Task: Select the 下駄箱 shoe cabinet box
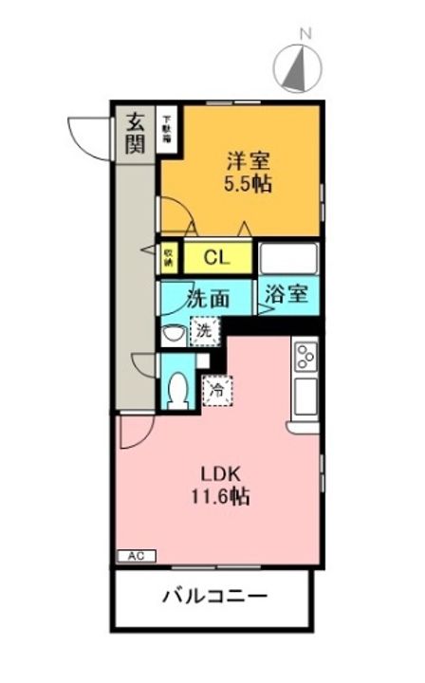tap(168, 127)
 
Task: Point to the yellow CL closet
tap(216, 256)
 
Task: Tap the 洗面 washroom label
tap(208, 297)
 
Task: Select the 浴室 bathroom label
tap(286, 294)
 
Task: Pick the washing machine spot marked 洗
tap(205, 331)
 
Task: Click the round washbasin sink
tap(173, 334)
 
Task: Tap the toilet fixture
tap(177, 389)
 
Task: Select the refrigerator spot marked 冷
tap(217, 388)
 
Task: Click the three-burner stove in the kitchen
tap(306, 357)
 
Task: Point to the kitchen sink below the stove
tap(306, 397)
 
